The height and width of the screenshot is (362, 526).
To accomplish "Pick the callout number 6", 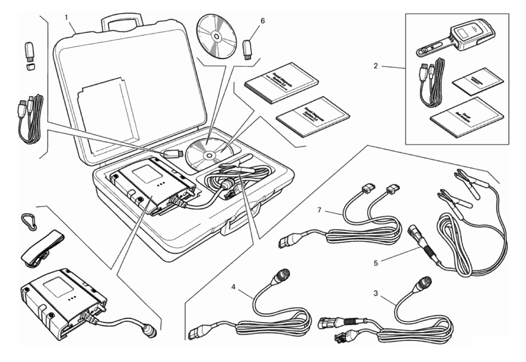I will [263, 20].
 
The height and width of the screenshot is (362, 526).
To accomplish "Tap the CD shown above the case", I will [217, 37].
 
